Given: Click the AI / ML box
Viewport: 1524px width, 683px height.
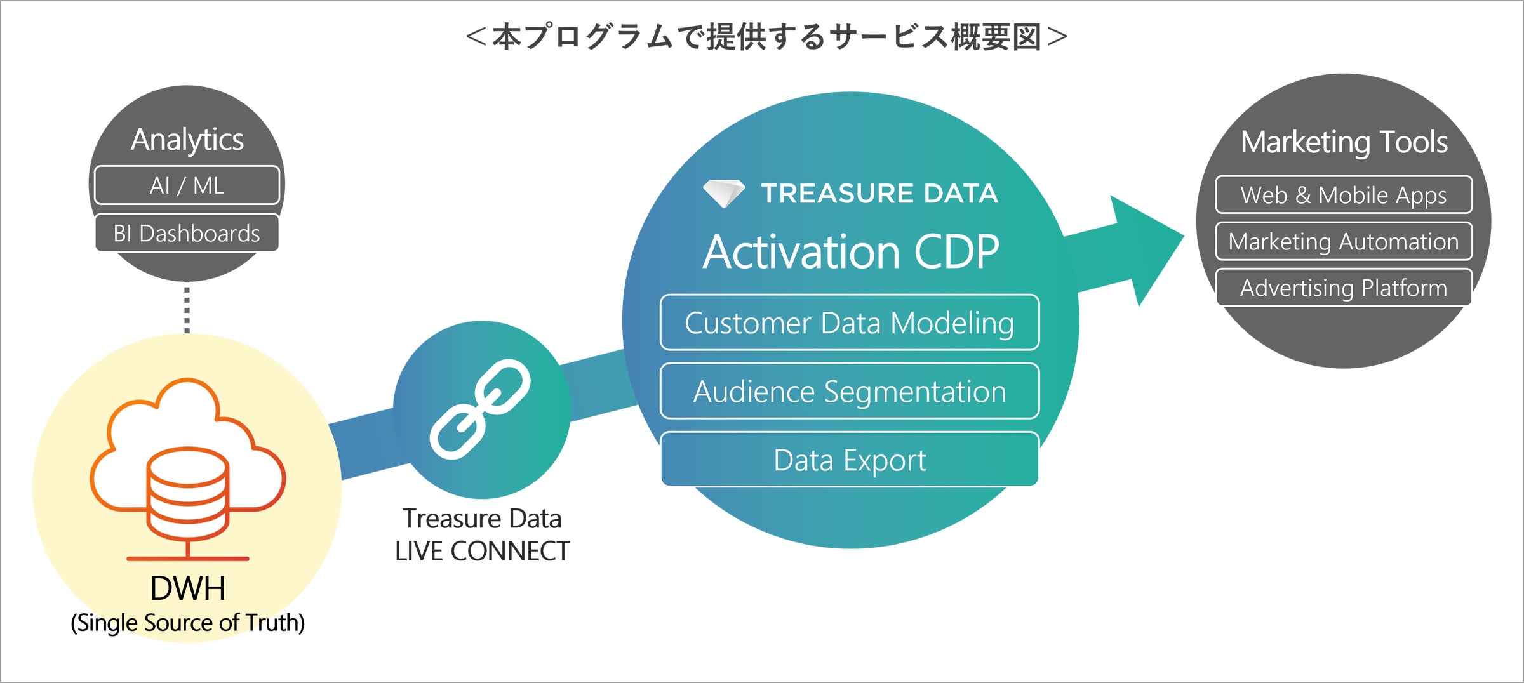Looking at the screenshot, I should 187,185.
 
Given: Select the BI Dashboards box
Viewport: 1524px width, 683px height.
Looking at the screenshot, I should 187,233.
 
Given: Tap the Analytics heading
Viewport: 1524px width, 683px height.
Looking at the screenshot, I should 187,140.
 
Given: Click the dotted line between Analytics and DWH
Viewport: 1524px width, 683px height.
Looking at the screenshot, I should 187,308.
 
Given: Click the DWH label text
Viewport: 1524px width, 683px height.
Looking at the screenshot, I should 188,588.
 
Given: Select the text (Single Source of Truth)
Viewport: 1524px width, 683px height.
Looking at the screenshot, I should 188,623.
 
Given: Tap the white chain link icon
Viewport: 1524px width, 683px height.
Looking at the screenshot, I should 480,409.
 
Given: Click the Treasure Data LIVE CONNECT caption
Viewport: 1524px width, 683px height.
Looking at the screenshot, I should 482,535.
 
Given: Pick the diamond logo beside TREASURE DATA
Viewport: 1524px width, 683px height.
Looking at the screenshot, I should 723,193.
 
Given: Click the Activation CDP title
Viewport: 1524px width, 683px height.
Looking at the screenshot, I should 851,252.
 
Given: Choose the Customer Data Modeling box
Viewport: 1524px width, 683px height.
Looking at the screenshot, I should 850,322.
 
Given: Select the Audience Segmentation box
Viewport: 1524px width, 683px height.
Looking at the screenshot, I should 850,391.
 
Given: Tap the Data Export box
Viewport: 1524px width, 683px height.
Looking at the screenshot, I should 850,460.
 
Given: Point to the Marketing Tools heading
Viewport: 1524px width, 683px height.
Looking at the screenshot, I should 1344,142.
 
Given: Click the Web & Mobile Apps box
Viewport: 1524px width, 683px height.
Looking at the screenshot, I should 1344,195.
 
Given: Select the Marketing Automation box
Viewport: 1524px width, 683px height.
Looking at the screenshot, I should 1344,241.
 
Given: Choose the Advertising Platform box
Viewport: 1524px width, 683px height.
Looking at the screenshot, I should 1344,288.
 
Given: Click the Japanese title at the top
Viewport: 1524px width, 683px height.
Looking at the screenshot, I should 766,37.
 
